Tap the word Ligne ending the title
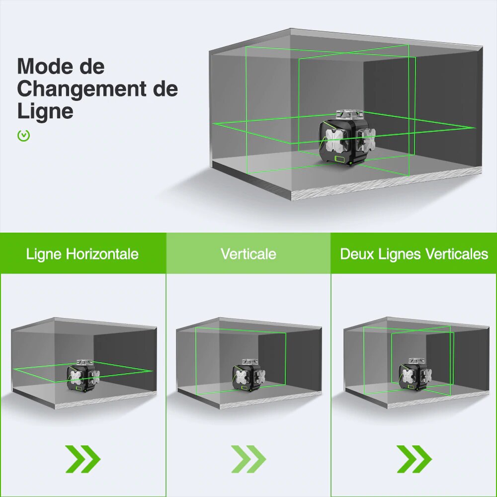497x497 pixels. (45, 110)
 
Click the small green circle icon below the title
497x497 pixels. (23, 135)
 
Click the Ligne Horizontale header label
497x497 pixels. (83, 254)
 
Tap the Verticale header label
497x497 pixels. (248, 254)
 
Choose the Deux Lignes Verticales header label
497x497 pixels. (414, 254)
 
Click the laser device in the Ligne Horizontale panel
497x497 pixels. (83, 377)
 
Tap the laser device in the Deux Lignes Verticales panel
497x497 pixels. (414, 376)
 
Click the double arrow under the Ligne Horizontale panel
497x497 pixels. (83, 459)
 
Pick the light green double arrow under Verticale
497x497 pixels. (248, 459)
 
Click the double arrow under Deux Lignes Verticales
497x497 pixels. (414, 459)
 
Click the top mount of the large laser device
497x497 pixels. (349, 114)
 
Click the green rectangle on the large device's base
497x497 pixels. (340, 159)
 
